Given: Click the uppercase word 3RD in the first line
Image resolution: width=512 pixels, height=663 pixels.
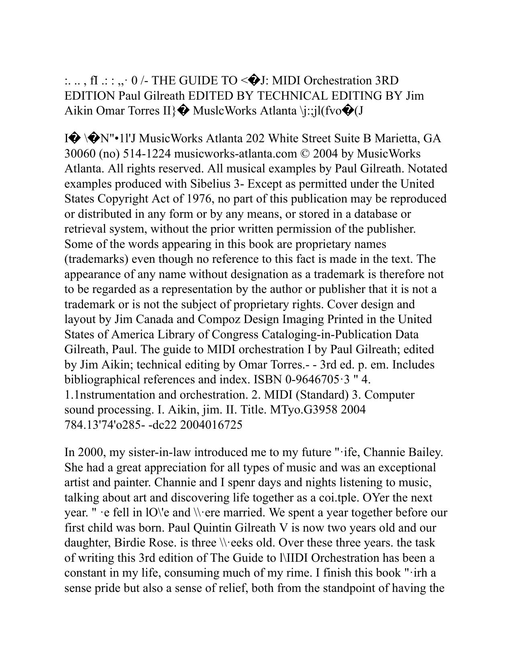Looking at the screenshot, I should [x=387, y=81].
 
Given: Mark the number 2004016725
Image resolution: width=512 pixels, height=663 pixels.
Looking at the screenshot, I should [x=211, y=425].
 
